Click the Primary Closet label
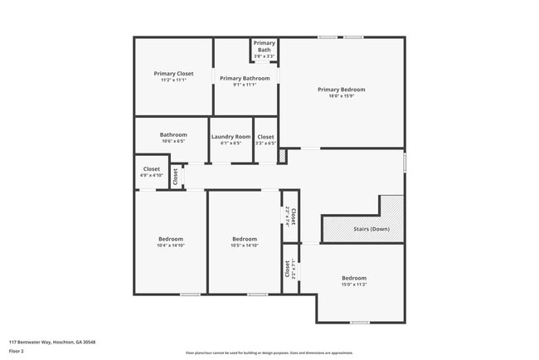point(173,73)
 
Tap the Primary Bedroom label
point(341,90)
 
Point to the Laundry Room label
point(231,137)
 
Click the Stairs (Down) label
point(371,229)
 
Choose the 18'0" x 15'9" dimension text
point(341,95)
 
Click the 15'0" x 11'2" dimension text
point(353,285)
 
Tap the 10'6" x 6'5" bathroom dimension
point(173,141)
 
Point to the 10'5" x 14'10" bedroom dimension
point(245,246)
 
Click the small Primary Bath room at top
point(264,46)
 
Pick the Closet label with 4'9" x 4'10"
point(152,168)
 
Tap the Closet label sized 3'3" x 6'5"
point(265,137)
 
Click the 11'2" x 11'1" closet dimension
point(173,80)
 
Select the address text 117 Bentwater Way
point(52,342)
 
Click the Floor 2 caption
point(17,351)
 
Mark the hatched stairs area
point(391,212)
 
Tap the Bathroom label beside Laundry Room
point(173,134)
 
